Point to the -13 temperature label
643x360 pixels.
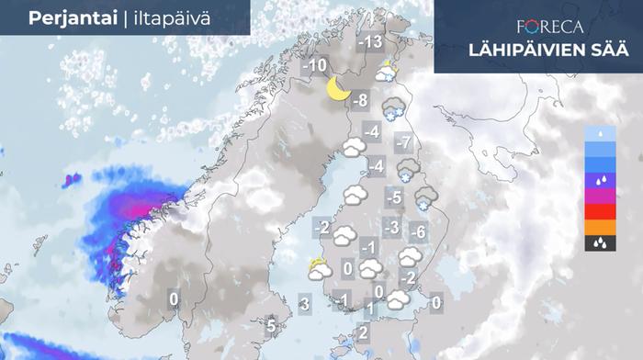click(x=370, y=42)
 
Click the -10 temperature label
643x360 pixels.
click(x=315, y=66)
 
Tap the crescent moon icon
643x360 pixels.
click(x=338, y=89)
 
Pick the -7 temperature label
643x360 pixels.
click(x=401, y=142)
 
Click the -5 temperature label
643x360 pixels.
click(x=394, y=197)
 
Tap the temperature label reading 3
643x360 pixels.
click(x=306, y=303)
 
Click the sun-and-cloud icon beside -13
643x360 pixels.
click(x=389, y=72)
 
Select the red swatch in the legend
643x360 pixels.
click(x=600, y=210)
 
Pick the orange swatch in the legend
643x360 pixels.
click(x=600, y=227)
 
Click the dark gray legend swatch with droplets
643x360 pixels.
click(x=600, y=243)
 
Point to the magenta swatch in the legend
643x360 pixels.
click(x=600, y=195)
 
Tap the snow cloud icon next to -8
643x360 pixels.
click(x=394, y=108)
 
